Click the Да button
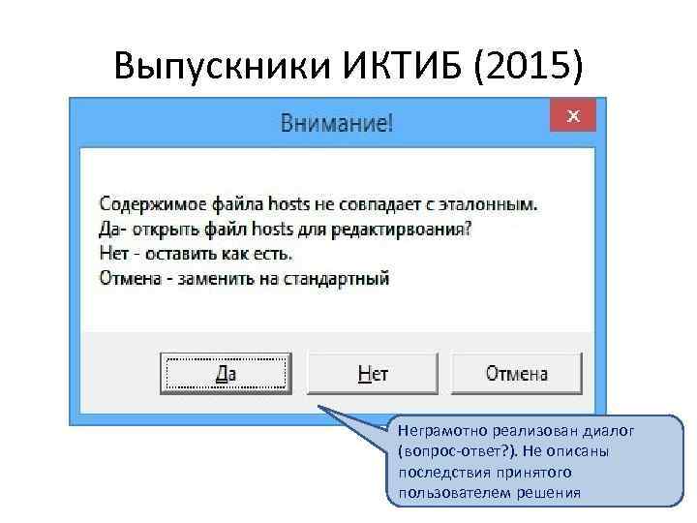point(225,373)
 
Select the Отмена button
point(516,373)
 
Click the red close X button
point(572,116)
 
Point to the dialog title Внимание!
point(337,123)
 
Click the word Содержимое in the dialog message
point(147,205)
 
